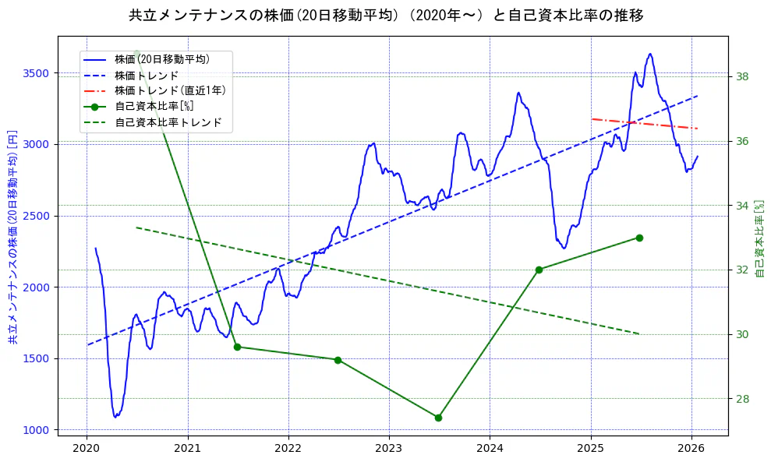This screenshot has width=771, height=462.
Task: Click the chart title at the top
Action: [x=385, y=16]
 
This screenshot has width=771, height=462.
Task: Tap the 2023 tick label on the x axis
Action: [x=388, y=448]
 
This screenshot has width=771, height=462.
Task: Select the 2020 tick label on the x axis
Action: [x=86, y=448]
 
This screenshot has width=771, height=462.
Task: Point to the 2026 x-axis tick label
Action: [x=691, y=448]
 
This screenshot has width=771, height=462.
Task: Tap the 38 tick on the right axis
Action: [x=742, y=76]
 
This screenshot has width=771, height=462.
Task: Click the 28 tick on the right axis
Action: [x=742, y=399]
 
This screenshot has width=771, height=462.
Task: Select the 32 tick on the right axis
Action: [x=742, y=270]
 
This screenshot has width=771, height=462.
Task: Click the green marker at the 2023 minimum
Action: [x=438, y=418]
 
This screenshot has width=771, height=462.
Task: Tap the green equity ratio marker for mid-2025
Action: [x=639, y=238]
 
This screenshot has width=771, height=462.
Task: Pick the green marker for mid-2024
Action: [x=539, y=270]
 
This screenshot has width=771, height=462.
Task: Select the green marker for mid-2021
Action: [x=237, y=347]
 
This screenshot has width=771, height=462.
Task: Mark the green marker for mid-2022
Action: [x=338, y=360]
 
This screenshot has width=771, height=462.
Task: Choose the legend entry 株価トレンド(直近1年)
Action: [x=170, y=90]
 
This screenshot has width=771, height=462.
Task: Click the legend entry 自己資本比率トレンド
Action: [x=168, y=122]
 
